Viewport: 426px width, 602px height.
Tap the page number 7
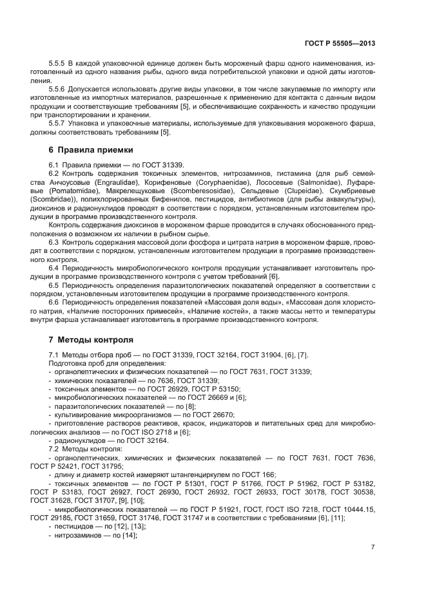click(x=373, y=547)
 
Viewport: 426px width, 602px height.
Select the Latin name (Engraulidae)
click(x=103, y=183)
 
